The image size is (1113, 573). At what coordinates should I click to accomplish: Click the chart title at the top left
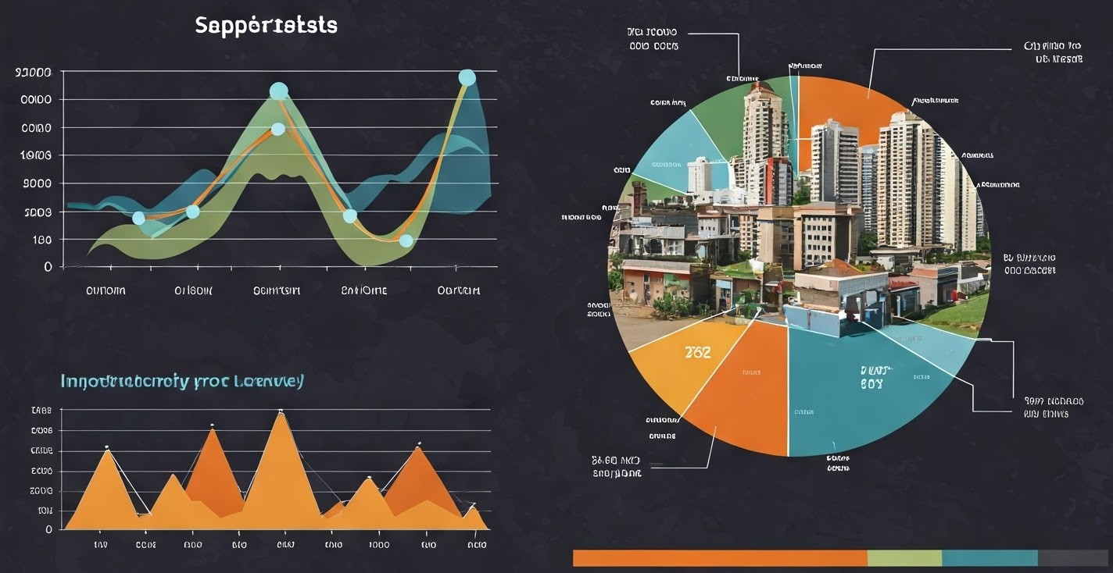coord(266,26)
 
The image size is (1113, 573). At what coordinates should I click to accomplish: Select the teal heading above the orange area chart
coord(182,382)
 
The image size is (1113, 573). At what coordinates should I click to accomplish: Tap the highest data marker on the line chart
coord(467,77)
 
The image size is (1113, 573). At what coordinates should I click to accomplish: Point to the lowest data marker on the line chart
coord(406,240)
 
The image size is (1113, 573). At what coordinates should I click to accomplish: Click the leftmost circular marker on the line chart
coord(138,218)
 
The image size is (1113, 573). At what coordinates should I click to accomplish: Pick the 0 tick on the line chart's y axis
coord(48,266)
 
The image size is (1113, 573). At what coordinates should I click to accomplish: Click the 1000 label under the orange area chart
coord(378,545)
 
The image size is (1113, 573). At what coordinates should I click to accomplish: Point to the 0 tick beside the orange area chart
coord(48,529)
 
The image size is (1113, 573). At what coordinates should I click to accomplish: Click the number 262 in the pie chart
coord(698,353)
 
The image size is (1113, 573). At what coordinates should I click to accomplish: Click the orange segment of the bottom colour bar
coord(719,557)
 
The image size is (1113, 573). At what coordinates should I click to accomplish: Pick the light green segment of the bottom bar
coord(904,557)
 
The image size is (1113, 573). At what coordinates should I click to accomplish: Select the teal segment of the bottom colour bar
coord(990,557)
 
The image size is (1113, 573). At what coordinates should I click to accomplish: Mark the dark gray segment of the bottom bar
coord(1072,557)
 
